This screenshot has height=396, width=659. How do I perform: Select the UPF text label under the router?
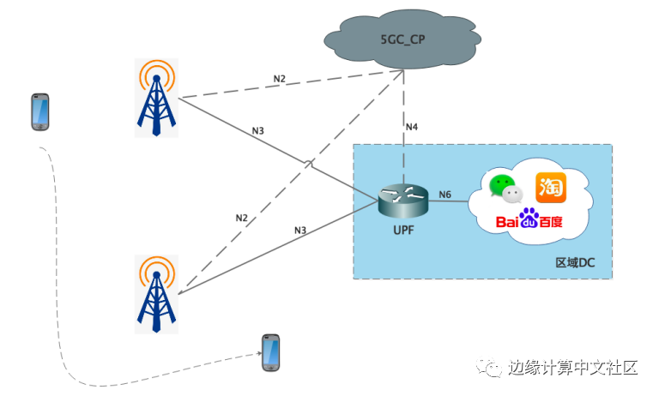[402, 230]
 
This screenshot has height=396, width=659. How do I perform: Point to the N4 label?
[412, 127]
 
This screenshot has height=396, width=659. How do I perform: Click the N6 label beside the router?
[444, 195]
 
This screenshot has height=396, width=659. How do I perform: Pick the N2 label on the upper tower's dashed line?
[280, 79]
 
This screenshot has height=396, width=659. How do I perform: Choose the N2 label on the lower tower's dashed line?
[242, 219]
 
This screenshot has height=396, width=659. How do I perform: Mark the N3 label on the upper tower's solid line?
[257, 131]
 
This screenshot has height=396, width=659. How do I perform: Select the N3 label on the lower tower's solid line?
[300, 231]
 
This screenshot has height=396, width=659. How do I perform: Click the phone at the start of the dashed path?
[39, 112]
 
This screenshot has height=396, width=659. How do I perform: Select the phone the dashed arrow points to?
[271, 352]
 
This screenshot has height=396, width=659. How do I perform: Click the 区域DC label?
[574, 262]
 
